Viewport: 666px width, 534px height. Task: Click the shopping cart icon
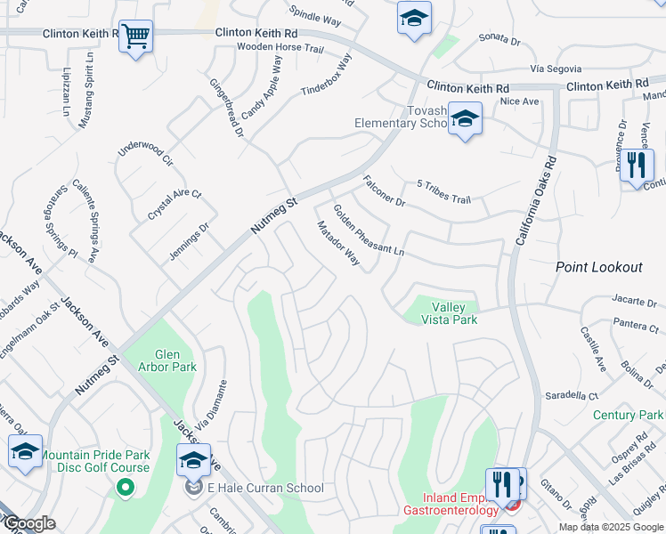pos(135,37)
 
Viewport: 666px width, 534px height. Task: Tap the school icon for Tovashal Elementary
pos(464,119)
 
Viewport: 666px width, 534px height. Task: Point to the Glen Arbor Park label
pos(161,360)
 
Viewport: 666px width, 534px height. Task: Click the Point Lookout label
pos(598,267)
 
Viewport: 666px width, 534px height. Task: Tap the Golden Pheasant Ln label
pos(368,231)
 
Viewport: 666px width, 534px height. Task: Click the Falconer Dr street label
pos(384,191)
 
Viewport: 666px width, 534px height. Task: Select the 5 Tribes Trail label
pos(443,192)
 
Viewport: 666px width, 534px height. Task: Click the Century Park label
pos(628,416)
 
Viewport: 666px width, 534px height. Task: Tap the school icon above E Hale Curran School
pos(193,460)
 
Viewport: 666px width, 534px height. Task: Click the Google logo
pos(28,523)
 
